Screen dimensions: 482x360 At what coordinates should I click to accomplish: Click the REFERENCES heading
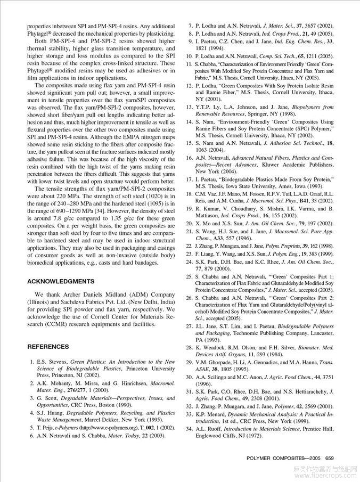48,347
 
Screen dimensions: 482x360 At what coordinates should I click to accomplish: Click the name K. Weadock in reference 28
212,347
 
